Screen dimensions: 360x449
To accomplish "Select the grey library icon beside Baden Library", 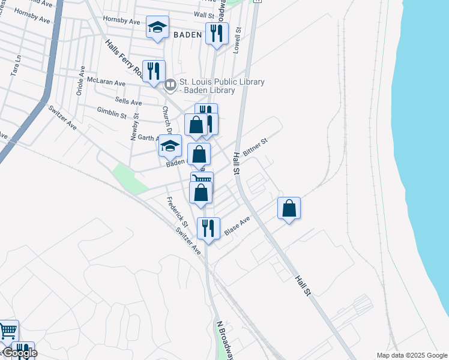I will (170, 86).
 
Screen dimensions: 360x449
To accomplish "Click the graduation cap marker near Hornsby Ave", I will (157, 28).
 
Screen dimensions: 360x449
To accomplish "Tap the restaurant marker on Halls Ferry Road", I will (154, 71).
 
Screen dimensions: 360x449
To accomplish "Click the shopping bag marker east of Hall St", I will (289, 209).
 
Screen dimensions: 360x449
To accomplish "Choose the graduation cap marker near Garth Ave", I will (170, 146).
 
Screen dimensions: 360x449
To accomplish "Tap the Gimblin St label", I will (112, 113).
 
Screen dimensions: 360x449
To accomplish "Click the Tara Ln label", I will (16, 66).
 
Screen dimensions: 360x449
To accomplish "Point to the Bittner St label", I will (255, 147).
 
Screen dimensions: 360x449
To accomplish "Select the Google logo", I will (19, 353).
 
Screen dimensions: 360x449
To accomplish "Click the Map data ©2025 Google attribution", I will (412, 355).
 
